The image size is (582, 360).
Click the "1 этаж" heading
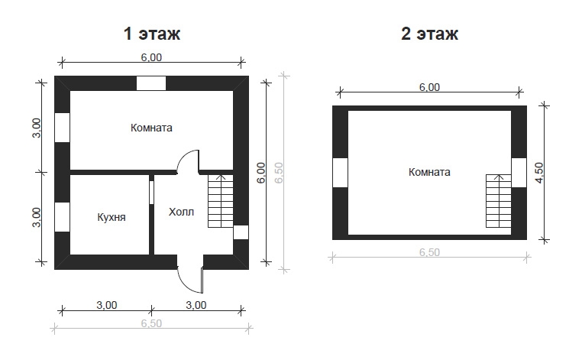tap(152, 34)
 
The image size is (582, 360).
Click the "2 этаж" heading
tap(429, 34)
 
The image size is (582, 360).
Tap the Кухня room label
tap(112, 217)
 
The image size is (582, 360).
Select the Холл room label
tap(181, 212)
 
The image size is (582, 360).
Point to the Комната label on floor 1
tap(151, 128)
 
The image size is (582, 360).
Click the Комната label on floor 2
tap(429, 172)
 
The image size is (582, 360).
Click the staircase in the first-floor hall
tap(221, 201)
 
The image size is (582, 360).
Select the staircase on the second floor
tap(499, 201)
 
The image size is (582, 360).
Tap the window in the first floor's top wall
tap(151, 83)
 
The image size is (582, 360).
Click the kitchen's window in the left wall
tap(63, 217)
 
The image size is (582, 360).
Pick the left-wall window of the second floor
tap(340, 173)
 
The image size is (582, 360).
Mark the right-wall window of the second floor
tap(519, 173)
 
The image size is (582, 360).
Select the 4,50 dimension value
tap(539, 173)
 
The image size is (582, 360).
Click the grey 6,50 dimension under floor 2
tap(429, 252)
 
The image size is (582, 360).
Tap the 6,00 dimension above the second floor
tap(429, 87)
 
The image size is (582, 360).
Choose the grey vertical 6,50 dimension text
tap(279, 173)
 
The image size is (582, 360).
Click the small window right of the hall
tap(241, 232)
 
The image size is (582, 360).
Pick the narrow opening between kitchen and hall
tap(151, 192)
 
